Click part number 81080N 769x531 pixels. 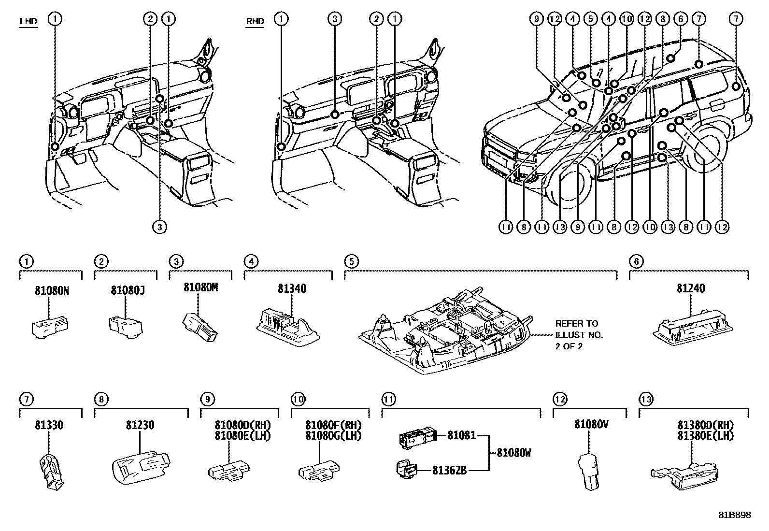(52, 291)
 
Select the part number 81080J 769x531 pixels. (128, 291)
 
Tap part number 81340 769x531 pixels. (292, 288)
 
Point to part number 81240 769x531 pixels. (691, 288)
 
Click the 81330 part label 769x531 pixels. (49, 426)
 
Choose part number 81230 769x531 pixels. (140, 426)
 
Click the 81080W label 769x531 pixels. (513, 453)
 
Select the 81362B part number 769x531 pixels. (449, 470)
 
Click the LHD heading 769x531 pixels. (28, 22)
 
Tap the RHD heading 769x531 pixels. (255, 22)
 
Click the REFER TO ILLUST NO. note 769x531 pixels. (579, 335)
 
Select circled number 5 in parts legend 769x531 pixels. (351, 261)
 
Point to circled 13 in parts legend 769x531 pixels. (646, 399)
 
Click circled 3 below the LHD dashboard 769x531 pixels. (159, 227)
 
